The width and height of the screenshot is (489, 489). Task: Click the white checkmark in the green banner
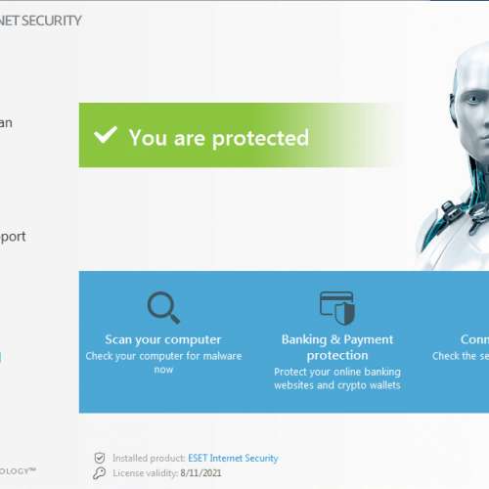point(105,135)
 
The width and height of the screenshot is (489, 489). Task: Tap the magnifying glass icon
point(162,307)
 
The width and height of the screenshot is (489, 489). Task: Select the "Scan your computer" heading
point(163,339)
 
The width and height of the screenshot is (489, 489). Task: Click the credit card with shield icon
point(337,306)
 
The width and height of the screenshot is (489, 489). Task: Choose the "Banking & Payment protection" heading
point(337,347)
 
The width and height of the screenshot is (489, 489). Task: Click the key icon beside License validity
point(99,473)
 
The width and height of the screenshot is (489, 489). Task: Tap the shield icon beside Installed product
point(99,458)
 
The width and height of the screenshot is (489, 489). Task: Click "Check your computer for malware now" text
point(163,363)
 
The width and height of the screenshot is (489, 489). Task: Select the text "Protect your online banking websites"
point(337,378)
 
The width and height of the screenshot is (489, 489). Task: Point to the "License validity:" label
point(146,473)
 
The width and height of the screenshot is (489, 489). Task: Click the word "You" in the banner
point(148,138)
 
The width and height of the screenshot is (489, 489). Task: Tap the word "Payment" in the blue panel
point(365,339)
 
